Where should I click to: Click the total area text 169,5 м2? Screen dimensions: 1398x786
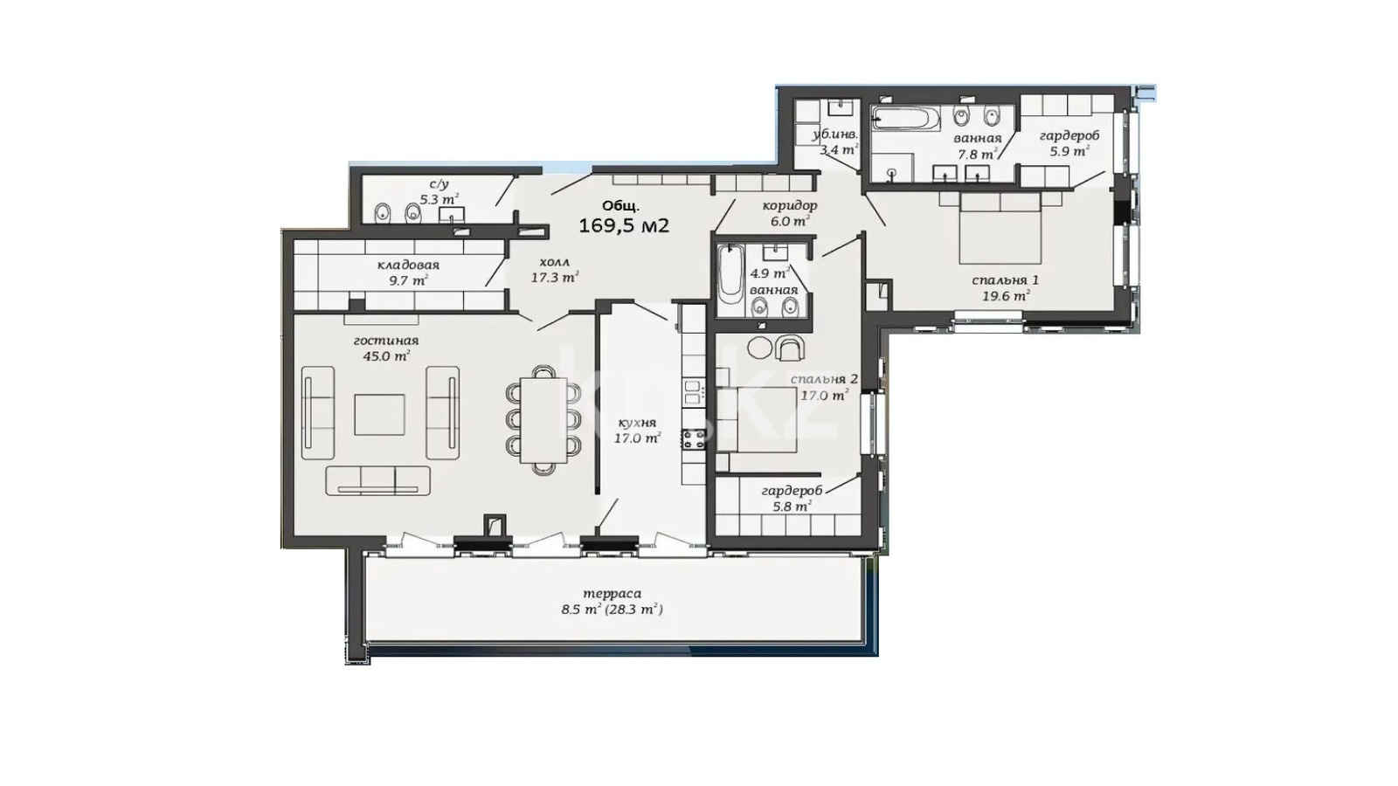(x=624, y=225)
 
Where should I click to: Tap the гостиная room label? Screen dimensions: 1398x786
(x=385, y=341)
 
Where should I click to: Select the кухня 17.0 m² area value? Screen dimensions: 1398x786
(x=637, y=438)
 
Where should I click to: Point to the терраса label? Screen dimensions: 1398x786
(x=612, y=593)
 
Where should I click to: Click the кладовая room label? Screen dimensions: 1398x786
(x=408, y=265)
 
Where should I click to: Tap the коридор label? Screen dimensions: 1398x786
(x=790, y=205)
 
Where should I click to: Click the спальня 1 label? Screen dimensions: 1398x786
(x=1006, y=280)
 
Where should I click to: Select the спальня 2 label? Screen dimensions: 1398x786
(x=824, y=379)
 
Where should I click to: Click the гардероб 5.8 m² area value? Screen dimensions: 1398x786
(x=792, y=506)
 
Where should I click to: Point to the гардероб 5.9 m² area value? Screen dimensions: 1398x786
(x=1069, y=150)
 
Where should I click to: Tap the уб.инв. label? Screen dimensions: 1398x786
(x=835, y=134)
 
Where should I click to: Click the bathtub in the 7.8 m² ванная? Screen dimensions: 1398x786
(x=906, y=119)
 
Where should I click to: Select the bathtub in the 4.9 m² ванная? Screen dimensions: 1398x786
(x=730, y=281)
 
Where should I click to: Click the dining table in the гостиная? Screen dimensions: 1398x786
(x=543, y=420)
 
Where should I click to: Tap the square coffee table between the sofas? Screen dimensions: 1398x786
(x=379, y=414)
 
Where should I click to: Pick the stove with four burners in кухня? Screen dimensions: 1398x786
(x=694, y=439)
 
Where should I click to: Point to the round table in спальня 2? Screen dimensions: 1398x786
(x=759, y=348)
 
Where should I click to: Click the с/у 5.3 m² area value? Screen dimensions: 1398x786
(x=439, y=200)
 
